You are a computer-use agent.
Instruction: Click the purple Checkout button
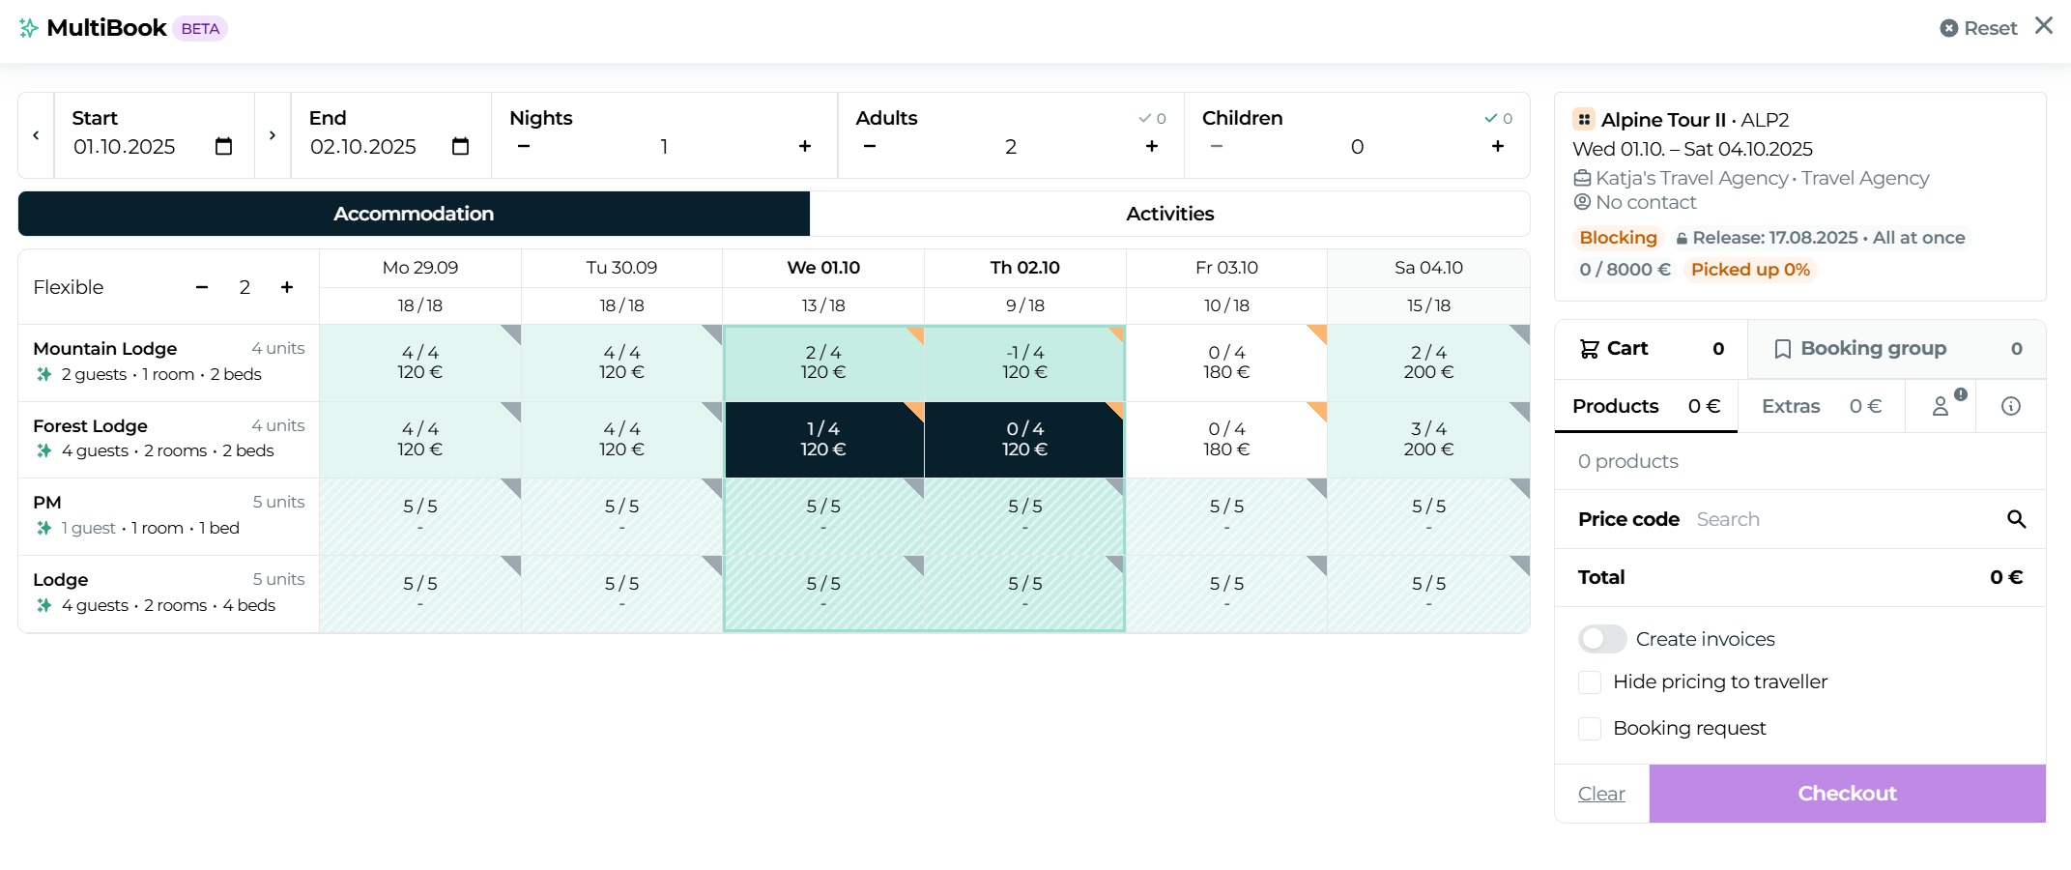click(x=1846, y=794)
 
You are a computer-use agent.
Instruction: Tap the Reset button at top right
click(x=1978, y=29)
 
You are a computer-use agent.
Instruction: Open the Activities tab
click(x=1169, y=214)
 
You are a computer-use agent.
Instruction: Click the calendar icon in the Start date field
click(x=223, y=146)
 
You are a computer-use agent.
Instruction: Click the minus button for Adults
click(x=870, y=146)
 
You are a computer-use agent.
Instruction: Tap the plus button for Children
click(x=1497, y=146)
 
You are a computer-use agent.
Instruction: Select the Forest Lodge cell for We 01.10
click(x=823, y=439)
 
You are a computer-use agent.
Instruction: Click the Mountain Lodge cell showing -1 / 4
click(x=1024, y=362)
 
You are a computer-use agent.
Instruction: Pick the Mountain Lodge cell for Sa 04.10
click(x=1427, y=362)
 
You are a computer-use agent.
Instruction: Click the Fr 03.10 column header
click(x=1225, y=268)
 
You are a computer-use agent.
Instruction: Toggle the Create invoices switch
click(x=1601, y=639)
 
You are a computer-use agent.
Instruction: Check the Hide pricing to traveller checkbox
click(x=1590, y=682)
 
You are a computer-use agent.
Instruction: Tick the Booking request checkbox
click(x=1590, y=729)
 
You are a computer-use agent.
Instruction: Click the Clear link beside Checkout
click(x=1600, y=794)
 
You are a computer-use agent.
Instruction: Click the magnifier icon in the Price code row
click(x=2016, y=519)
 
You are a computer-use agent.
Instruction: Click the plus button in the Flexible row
click(x=287, y=287)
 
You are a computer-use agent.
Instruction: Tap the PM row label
click(x=47, y=503)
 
